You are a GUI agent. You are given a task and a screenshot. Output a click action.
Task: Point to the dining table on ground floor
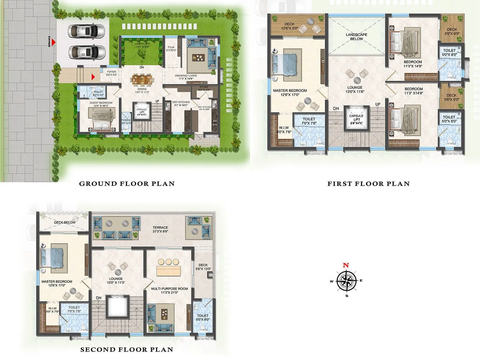click(x=142, y=79)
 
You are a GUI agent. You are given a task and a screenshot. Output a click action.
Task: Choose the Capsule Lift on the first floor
click(x=356, y=119)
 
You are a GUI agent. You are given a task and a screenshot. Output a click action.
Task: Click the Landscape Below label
click(x=356, y=37)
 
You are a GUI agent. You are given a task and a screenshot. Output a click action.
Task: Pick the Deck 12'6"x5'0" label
click(x=289, y=26)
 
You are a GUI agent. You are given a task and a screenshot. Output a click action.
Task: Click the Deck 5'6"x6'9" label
click(x=452, y=31)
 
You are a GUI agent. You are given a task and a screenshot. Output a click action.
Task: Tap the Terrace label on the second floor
click(x=160, y=229)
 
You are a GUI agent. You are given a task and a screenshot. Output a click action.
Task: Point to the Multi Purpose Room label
click(x=169, y=290)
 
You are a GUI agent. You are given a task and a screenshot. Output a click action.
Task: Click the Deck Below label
click(x=65, y=223)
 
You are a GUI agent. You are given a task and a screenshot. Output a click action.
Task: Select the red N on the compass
click(x=346, y=265)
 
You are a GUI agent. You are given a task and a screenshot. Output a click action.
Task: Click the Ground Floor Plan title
click(x=127, y=184)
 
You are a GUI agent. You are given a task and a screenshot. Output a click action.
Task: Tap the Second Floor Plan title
click(x=127, y=349)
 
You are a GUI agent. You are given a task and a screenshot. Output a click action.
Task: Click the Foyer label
click(x=111, y=73)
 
